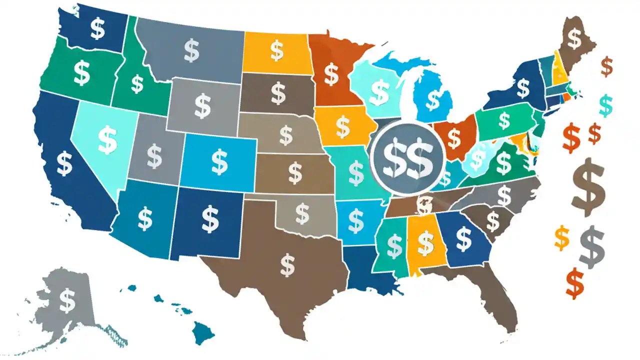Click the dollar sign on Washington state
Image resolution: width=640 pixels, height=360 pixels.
pos(98,29)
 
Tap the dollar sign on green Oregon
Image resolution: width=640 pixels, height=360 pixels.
pos(81,73)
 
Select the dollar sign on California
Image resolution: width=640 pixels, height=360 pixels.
pos(64,164)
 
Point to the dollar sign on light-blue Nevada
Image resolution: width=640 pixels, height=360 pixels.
pos(107,139)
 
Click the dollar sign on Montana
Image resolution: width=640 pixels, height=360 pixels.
pos(191,50)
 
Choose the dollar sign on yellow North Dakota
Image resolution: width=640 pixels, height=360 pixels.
pos(276,50)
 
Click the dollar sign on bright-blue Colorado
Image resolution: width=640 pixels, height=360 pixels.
pos(219,160)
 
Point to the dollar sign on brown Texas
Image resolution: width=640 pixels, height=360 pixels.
pos(287,265)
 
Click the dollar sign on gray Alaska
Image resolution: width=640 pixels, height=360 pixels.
pos(67,300)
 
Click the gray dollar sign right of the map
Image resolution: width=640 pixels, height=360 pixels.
pos(592,246)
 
